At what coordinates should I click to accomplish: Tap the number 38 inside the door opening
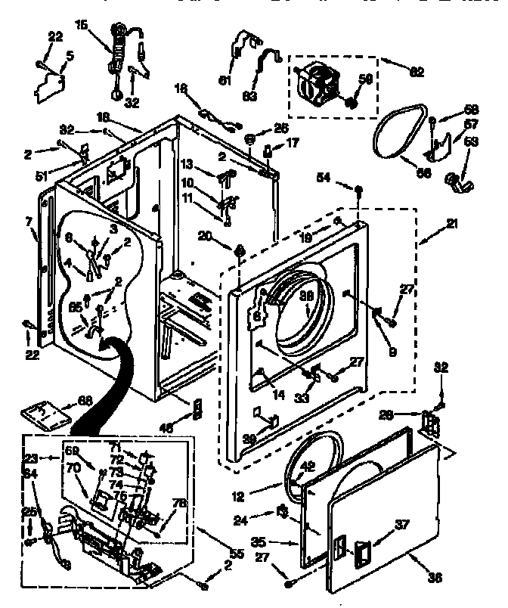click(x=307, y=298)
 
